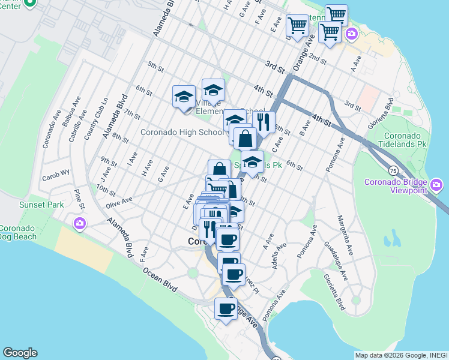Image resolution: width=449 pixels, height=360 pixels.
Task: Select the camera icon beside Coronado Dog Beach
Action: tap(79, 224)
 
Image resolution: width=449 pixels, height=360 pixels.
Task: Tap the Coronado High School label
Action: tap(181, 132)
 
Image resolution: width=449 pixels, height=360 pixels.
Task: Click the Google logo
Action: tap(20, 353)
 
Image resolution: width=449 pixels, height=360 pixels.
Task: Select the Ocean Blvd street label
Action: tap(160, 280)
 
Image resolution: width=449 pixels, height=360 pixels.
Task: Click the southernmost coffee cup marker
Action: tap(226, 309)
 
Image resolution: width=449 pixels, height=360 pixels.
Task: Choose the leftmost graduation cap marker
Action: tap(184, 97)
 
